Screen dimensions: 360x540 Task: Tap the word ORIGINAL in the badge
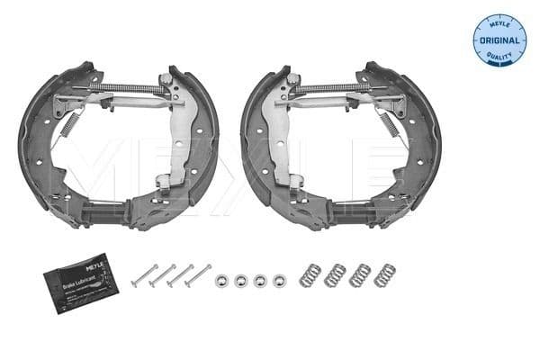pos(499,40)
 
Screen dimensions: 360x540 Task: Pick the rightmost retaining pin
pos(198,275)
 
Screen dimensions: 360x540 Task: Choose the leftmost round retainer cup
pos(221,280)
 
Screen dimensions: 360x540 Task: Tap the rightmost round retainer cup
pos(279,280)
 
